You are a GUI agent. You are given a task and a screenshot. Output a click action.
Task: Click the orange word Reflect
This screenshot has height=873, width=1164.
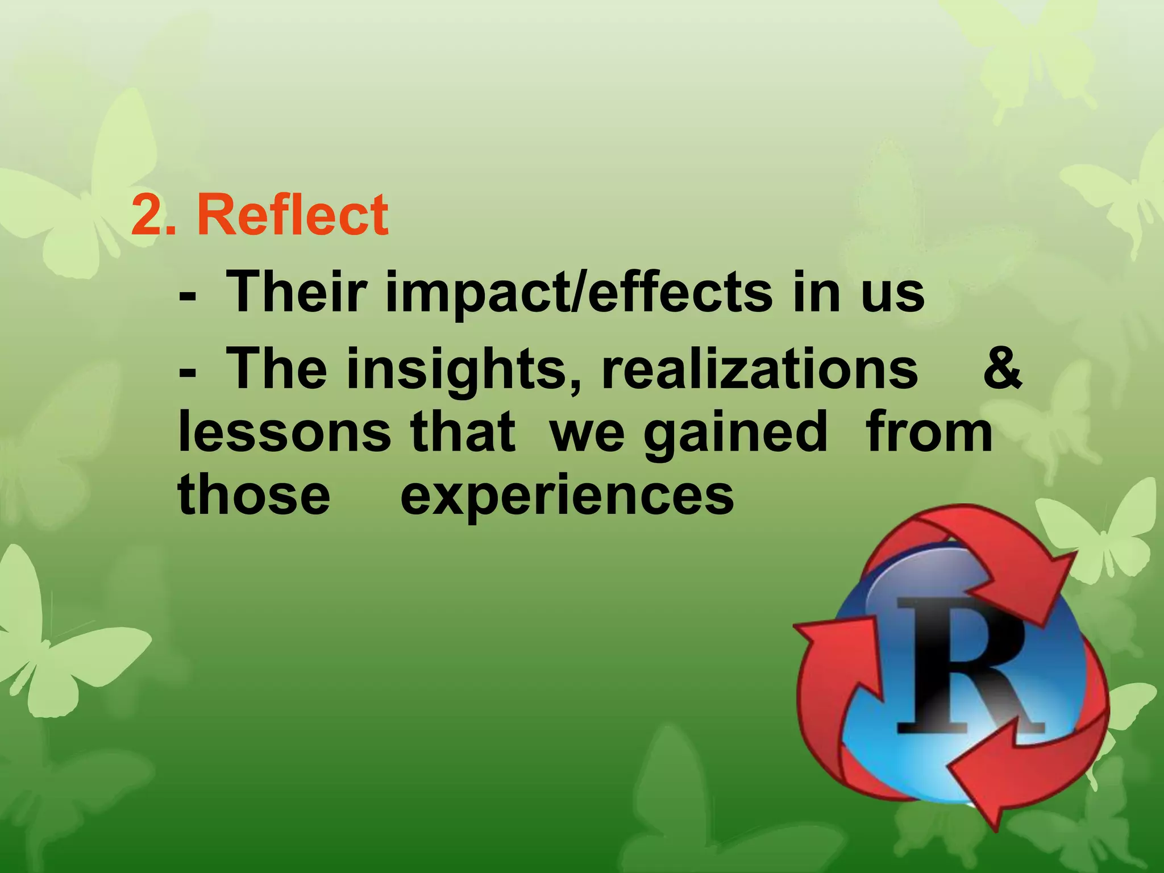point(293,215)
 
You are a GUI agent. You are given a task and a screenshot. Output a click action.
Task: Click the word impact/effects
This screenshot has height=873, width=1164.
point(579,293)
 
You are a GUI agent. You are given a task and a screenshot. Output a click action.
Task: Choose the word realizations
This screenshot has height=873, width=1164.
point(759,369)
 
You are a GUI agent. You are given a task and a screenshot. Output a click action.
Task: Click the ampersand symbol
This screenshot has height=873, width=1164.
point(1003,369)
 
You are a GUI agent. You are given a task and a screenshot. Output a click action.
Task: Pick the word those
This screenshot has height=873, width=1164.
point(253,494)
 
